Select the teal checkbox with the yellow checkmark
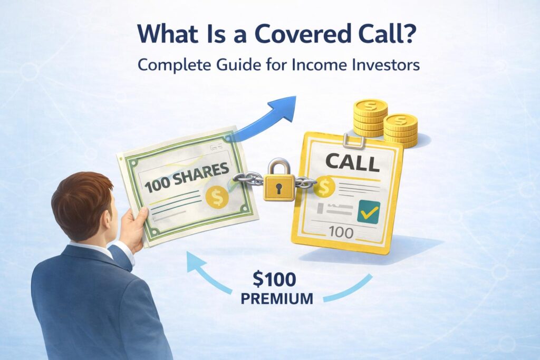(x=368, y=211)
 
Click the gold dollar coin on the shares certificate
(x=217, y=196)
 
